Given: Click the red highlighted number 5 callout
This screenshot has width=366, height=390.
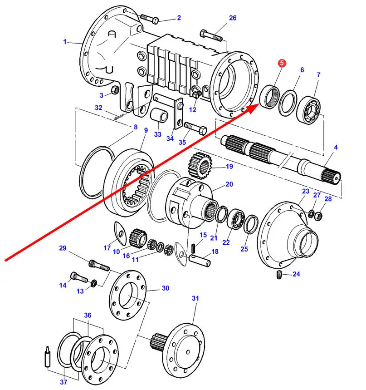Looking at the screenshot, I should click(x=282, y=64).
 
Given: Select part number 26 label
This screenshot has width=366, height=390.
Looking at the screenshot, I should click(x=233, y=18).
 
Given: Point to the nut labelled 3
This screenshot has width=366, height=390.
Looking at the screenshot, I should click(x=115, y=89).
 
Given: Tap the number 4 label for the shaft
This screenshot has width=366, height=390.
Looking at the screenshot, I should click(x=336, y=147).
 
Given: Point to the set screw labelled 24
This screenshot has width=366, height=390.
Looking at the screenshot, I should click(x=280, y=275).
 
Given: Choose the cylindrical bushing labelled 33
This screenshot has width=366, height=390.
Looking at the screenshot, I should click(x=160, y=116).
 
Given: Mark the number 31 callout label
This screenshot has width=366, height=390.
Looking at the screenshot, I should click(x=195, y=298).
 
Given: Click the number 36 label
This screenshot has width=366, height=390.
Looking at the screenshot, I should click(x=88, y=315).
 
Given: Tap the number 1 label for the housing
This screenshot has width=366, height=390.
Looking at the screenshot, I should click(x=65, y=42).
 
